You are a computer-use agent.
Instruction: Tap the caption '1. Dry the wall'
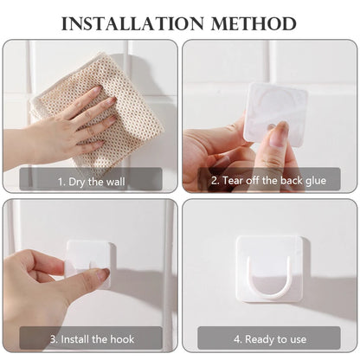92,181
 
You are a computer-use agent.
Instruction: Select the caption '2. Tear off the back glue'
268,181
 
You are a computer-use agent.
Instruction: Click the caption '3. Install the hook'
92,339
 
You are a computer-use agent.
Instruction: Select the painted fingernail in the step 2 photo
279,134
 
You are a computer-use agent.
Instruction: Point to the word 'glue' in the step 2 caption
317,181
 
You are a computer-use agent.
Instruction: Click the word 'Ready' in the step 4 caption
258,339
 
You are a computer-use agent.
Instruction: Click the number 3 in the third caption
52,339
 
